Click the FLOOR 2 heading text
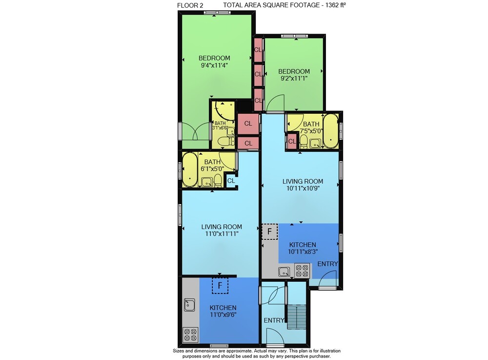click(188, 5)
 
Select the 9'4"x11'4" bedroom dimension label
click(214, 65)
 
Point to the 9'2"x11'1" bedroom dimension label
click(294, 79)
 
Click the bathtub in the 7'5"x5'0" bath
click(330, 131)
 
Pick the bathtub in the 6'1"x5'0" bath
click(190, 169)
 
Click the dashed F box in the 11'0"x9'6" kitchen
click(220, 286)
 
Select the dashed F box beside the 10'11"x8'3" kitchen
click(269, 232)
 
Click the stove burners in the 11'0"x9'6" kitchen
click(190, 335)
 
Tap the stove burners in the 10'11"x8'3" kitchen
click(302, 271)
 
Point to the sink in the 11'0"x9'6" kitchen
click(189, 305)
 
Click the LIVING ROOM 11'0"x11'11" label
click(222, 231)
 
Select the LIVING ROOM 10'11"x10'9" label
click(303, 185)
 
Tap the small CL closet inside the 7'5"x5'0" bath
click(292, 142)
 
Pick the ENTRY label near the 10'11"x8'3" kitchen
click(327, 264)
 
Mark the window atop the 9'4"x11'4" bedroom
click(218, 13)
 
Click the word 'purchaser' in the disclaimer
click(319, 356)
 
